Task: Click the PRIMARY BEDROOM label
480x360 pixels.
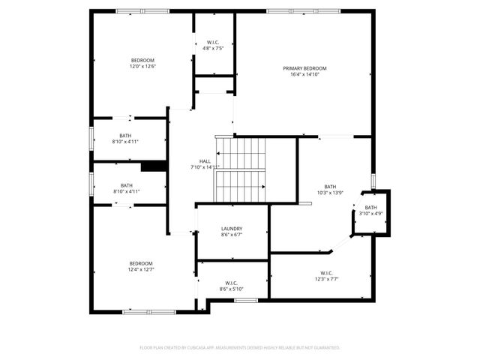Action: point(304,68)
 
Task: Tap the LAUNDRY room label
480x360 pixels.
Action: point(232,229)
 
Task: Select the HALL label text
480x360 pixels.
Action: point(205,161)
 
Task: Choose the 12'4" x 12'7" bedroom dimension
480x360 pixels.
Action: point(141,270)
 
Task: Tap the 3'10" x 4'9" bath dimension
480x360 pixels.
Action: point(371,214)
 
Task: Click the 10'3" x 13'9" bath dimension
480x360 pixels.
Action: point(331,193)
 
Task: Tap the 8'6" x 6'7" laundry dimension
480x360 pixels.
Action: point(232,235)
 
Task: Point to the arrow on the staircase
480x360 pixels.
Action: point(263,187)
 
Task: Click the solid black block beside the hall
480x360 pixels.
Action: point(154,167)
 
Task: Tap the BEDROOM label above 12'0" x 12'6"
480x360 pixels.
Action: point(142,60)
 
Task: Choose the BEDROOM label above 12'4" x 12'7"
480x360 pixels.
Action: point(141,263)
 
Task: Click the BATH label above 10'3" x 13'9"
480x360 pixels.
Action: point(331,187)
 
